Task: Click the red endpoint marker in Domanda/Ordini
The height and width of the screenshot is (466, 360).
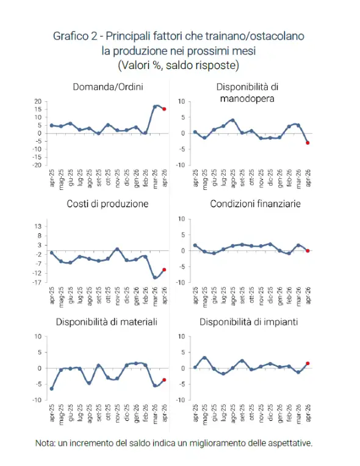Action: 164,109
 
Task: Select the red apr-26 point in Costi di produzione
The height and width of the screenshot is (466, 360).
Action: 164,270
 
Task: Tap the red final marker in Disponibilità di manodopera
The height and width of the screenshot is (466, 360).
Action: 308,143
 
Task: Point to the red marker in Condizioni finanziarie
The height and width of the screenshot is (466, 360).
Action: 308,251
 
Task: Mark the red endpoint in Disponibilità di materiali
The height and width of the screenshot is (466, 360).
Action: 164,380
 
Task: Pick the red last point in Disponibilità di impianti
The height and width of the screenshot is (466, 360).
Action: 308,363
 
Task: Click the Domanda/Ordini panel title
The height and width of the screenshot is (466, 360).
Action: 108,87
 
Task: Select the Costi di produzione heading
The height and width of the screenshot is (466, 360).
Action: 107,204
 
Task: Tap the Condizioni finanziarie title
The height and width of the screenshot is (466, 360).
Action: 255,204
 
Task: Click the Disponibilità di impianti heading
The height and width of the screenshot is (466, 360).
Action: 248,322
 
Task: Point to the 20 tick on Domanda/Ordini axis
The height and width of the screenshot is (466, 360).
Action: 38,101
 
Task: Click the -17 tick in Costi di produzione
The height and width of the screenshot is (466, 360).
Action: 37,282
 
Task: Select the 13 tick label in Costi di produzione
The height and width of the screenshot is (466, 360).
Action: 38,227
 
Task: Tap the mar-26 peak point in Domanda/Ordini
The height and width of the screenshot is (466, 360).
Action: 155,107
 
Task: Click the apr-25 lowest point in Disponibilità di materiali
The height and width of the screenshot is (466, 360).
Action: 51,388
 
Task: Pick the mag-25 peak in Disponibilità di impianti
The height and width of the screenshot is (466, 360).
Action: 204,358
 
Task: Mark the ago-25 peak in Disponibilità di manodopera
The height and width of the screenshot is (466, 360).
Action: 233,120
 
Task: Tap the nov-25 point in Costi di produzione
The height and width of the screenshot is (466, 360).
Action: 117,249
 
